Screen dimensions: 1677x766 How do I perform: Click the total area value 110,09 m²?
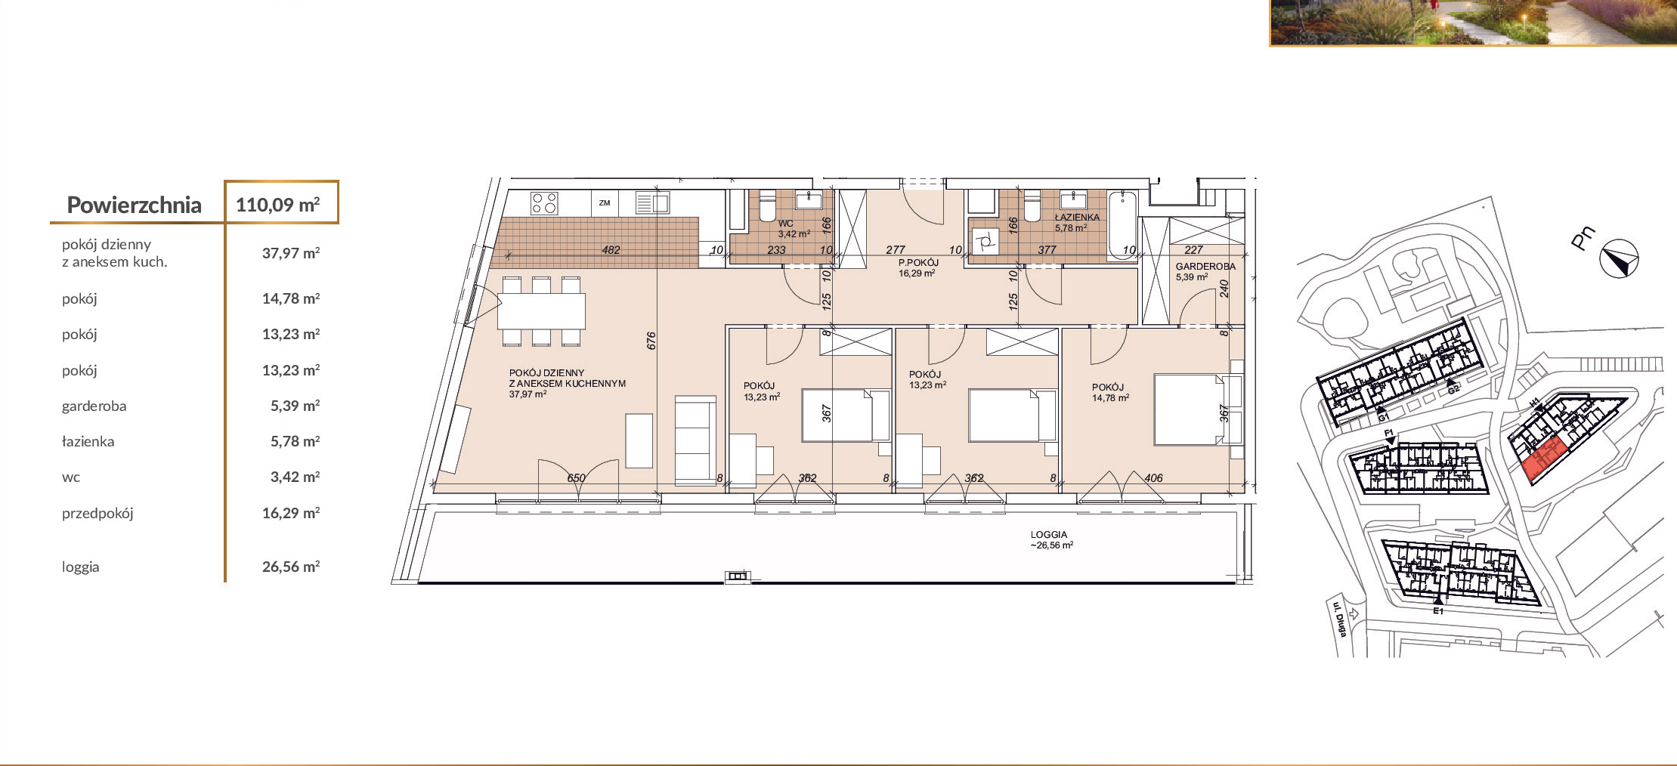point(277,205)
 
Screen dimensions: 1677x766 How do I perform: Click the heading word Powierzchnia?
point(134,205)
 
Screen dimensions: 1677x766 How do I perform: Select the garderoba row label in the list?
point(94,406)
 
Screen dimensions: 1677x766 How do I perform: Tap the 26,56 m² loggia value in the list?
point(291,567)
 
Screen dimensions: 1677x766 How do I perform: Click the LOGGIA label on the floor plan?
point(1049,534)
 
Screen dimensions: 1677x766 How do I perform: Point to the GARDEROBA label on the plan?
point(1205,267)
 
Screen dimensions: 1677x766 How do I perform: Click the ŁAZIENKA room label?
point(1078,217)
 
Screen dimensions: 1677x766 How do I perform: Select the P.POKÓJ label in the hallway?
point(918,263)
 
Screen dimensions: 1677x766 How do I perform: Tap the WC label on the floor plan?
point(786,224)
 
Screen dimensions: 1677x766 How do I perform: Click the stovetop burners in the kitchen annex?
point(544,203)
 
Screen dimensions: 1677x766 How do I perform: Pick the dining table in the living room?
point(541,310)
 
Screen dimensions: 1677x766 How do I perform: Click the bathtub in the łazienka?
point(1123,225)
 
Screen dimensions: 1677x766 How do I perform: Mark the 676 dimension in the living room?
point(651,341)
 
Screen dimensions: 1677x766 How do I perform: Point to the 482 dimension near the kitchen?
point(611,250)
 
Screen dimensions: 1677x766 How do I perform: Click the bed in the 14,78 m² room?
point(1189,409)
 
